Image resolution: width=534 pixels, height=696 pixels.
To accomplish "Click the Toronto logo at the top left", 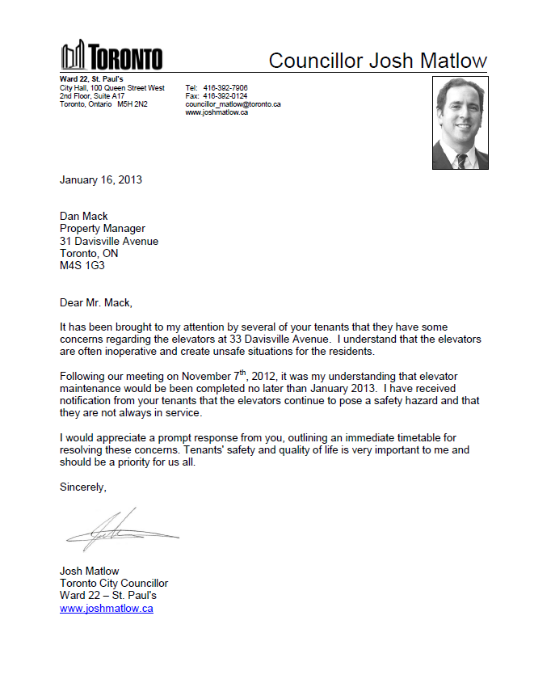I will [111, 56].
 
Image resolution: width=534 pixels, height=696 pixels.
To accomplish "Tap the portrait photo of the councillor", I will [460, 123].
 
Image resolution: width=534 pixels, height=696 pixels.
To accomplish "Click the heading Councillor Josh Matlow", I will [377, 61].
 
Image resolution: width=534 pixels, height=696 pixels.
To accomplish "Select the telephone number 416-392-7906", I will [225, 88].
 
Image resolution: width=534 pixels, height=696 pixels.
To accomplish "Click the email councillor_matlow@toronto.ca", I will [233, 104].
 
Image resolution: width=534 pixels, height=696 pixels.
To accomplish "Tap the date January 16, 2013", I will [101, 179].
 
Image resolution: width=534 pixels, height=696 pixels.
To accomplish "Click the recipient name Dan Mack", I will [84, 216].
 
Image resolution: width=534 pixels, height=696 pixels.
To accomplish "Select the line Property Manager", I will [103, 229].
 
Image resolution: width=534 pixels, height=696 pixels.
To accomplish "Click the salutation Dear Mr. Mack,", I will [95, 303].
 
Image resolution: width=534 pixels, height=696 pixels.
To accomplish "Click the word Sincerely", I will [82, 487].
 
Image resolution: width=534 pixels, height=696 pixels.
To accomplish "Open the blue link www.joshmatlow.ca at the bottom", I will [107, 609].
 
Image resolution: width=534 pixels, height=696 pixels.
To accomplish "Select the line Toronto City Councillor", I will [114, 583].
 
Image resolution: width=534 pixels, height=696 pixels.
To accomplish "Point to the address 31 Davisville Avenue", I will [109, 241].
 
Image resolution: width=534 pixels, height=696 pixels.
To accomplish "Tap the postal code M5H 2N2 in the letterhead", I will [132, 104].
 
